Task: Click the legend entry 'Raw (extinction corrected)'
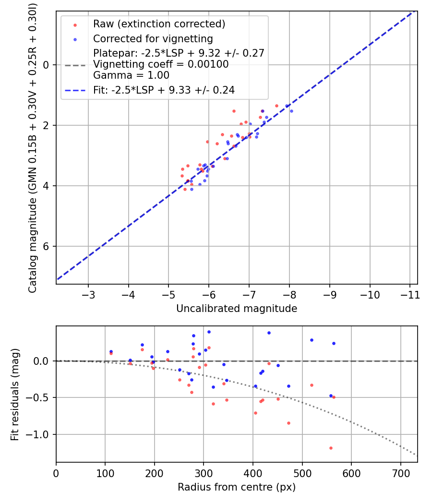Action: coord(159,24)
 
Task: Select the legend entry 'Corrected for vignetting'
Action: coord(153,38)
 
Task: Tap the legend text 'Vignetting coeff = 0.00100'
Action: coord(161,64)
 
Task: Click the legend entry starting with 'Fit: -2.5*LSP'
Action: coord(164,90)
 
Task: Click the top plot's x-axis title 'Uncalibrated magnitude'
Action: coord(237,309)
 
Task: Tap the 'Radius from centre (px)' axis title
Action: coord(237,487)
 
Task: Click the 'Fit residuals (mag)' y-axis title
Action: coord(15,394)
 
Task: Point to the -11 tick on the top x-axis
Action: coord(410,294)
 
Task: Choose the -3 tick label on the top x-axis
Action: coord(88,294)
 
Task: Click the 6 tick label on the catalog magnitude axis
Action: coord(47,246)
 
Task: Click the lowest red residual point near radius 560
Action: coord(331,448)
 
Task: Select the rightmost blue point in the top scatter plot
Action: coord(291,111)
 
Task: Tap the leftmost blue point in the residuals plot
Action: coord(111,351)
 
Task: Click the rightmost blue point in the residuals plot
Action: coord(334,343)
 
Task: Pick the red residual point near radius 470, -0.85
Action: coord(288,423)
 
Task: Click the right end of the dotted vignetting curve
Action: coord(417,455)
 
